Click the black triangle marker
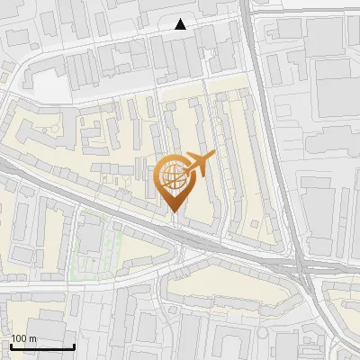click(x=181, y=24)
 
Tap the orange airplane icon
click(x=200, y=164)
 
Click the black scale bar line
click(x=42, y=346)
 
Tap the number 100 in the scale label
click(x=20, y=338)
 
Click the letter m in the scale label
click(x=33, y=338)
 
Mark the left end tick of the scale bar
click(x=11, y=345)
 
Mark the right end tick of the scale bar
click(x=74, y=345)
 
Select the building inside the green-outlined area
click(x=91, y=238)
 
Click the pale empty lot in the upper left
click(x=49, y=83)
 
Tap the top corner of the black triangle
click(x=181, y=19)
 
